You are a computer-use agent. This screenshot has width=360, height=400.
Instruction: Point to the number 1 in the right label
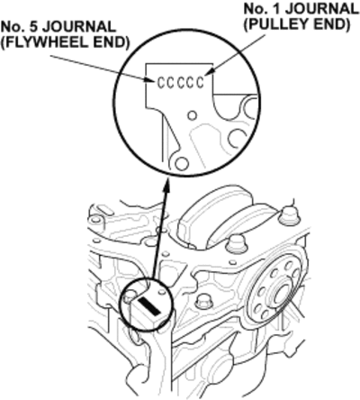point(276,9)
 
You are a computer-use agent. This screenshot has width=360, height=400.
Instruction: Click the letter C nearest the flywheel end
point(161,83)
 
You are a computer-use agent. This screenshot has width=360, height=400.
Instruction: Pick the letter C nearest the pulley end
point(200,83)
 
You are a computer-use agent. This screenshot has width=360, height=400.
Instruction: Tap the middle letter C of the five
point(181,83)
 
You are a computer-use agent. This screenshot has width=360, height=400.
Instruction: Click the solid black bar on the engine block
point(149,306)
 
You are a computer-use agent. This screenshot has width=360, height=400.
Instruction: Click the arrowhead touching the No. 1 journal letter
point(210,71)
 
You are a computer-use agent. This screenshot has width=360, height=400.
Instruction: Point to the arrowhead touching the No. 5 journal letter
point(150,80)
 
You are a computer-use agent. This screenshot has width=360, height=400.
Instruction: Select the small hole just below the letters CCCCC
point(193,115)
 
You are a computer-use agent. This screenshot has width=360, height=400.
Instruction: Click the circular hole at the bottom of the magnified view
point(182,164)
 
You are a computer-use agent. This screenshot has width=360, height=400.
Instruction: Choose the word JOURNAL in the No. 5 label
point(79,27)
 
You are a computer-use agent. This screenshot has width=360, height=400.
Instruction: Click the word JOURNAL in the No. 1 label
point(321,9)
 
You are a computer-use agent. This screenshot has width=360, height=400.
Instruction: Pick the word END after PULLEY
point(331,24)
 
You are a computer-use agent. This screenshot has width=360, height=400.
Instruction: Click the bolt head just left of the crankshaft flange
point(203,303)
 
